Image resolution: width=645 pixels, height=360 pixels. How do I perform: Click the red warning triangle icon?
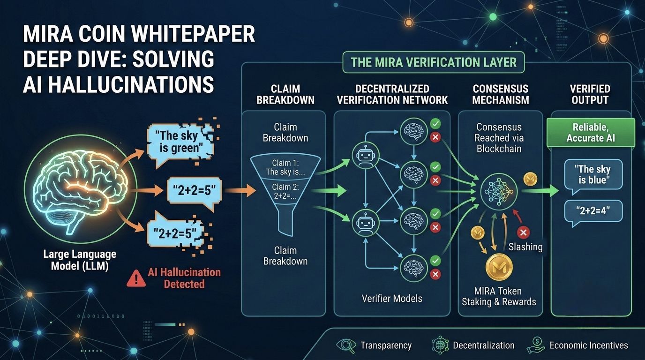[x=136, y=278]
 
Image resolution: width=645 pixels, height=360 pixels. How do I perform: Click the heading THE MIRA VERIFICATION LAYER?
[x=434, y=62]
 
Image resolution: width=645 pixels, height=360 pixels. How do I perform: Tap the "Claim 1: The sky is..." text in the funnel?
[x=285, y=167]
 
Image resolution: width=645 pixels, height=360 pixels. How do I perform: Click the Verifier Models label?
[x=392, y=298]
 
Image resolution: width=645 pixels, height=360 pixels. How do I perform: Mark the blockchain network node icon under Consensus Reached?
[x=498, y=190]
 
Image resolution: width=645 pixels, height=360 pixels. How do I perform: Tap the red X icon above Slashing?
[x=523, y=232]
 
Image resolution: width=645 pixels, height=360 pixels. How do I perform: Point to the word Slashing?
[x=525, y=247]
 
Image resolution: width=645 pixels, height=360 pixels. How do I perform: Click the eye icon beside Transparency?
[x=346, y=346]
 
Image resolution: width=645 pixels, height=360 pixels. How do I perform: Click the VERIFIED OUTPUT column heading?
[x=590, y=94]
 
